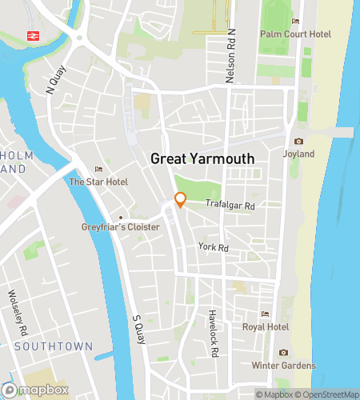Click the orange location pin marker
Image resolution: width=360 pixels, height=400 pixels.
pyautogui.click(x=180, y=200)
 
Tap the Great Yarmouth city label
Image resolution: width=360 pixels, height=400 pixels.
pyautogui.click(x=202, y=159)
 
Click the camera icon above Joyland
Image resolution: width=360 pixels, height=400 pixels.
pyautogui.click(x=298, y=142)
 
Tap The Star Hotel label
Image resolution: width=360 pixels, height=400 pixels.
pyautogui.click(x=98, y=182)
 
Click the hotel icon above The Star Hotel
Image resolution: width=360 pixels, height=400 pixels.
pyautogui.click(x=98, y=169)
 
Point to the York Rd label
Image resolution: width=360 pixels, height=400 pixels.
pyautogui.click(x=214, y=248)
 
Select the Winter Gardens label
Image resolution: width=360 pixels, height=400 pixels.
pyautogui.click(x=283, y=366)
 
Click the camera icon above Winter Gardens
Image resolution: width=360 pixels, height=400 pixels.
pyautogui.click(x=283, y=353)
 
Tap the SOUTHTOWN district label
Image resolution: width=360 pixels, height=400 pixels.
pyautogui.click(x=46, y=346)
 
